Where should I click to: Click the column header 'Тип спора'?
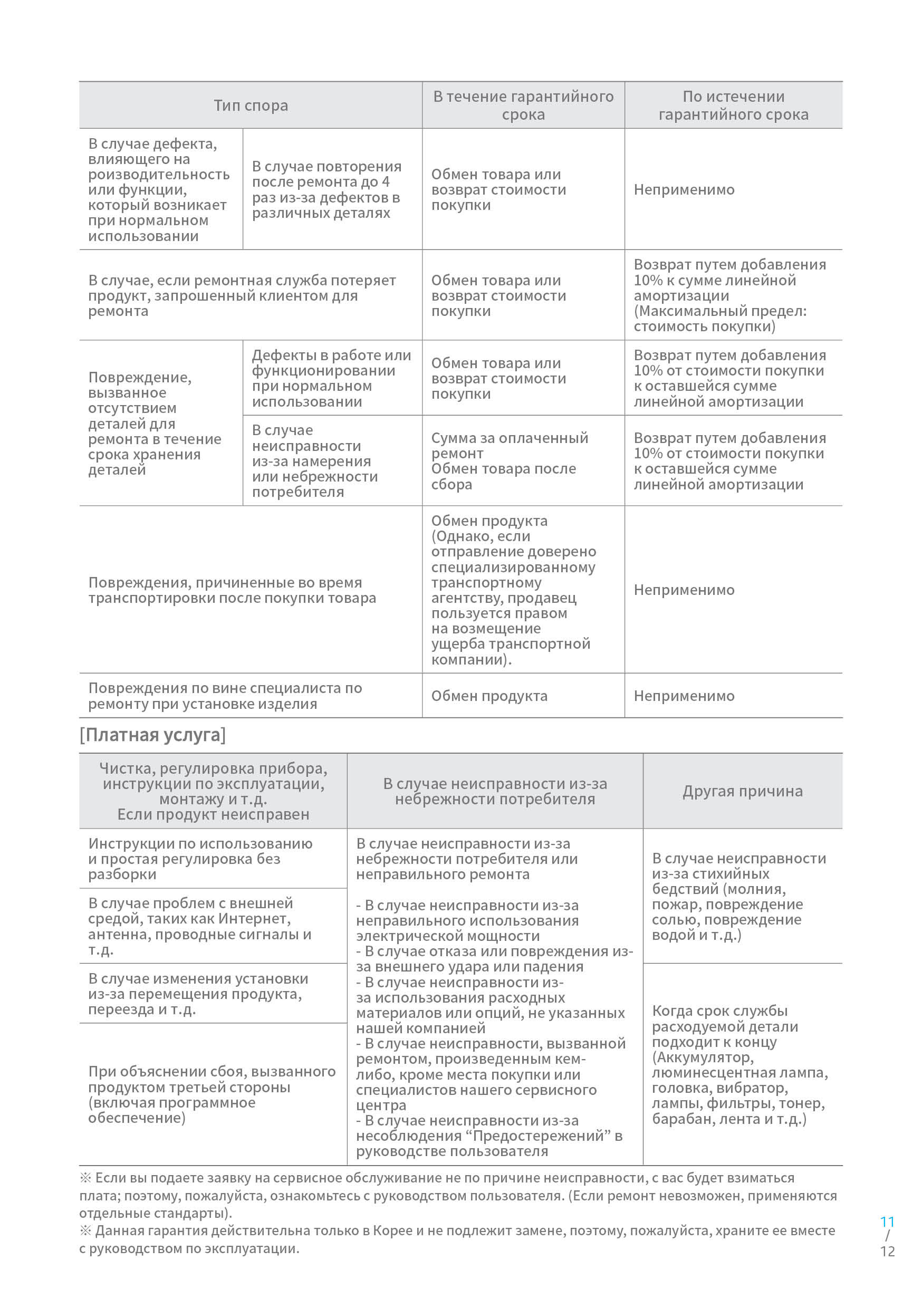coord(251,105)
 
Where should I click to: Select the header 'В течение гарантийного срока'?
coord(523,105)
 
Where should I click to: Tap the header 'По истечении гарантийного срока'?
coord(733,105)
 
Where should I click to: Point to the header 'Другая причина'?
coord(743,791)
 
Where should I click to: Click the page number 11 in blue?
coord(887,1222)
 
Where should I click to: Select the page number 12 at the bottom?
coord(887,1252)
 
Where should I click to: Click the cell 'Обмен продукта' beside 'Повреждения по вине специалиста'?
coord(489,696)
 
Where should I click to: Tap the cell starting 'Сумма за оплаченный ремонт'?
coord(510,461)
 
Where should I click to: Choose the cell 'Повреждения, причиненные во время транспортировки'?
coord(232,590)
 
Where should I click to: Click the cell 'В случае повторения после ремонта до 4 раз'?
coord(326,189)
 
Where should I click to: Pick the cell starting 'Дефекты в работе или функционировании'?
coord(331,378)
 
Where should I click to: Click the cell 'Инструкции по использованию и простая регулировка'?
coord(200,859)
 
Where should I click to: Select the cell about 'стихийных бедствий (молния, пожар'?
coord(738,896)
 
